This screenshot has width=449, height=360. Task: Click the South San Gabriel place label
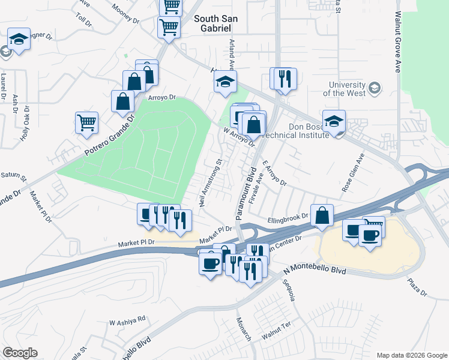(x=216, y=23)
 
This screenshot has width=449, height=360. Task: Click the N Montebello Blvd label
(x=314, y=270)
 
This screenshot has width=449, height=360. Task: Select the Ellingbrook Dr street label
(x=288, y=217)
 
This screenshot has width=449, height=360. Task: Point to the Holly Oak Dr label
(x=26, y=123)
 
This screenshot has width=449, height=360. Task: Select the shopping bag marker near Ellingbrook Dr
(x=323, y=216)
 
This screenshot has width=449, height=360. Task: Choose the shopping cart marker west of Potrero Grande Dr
(x=87, y=123)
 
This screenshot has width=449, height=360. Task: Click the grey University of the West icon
(x=375, y=88)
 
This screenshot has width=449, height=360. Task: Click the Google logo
(x=20, y=353)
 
